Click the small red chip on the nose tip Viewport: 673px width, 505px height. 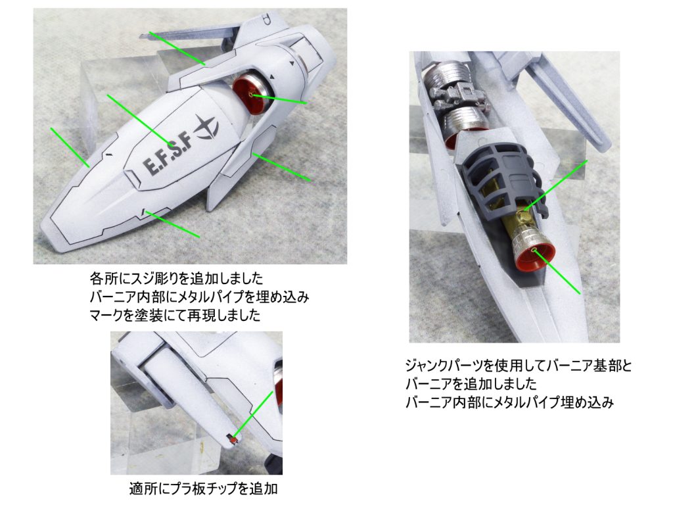(232, 440)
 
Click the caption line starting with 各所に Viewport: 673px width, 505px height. (176, 278)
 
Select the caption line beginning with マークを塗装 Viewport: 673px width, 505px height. (175, 316)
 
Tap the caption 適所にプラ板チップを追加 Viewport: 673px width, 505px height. (203, 489)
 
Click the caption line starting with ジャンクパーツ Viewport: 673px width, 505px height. (519, 366)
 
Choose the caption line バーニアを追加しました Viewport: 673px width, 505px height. (471, 383)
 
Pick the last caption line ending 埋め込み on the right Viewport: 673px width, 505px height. (509, 402)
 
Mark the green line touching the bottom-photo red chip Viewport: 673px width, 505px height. (253, 416)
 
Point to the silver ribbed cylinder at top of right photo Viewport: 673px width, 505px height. (446, 76)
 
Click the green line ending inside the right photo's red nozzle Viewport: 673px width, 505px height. (557, 272)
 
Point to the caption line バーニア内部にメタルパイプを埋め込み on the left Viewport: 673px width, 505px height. (199, 297)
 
